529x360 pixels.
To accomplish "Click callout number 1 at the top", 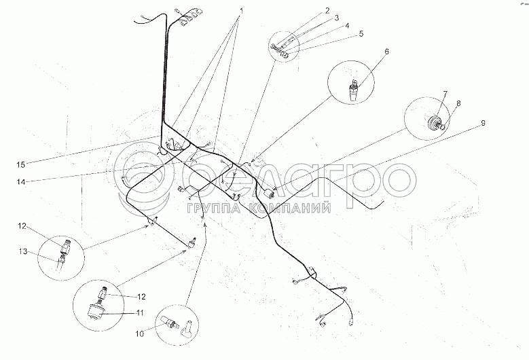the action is [x=241, y=10].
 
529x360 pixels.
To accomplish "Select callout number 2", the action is [x=327, y=10].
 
